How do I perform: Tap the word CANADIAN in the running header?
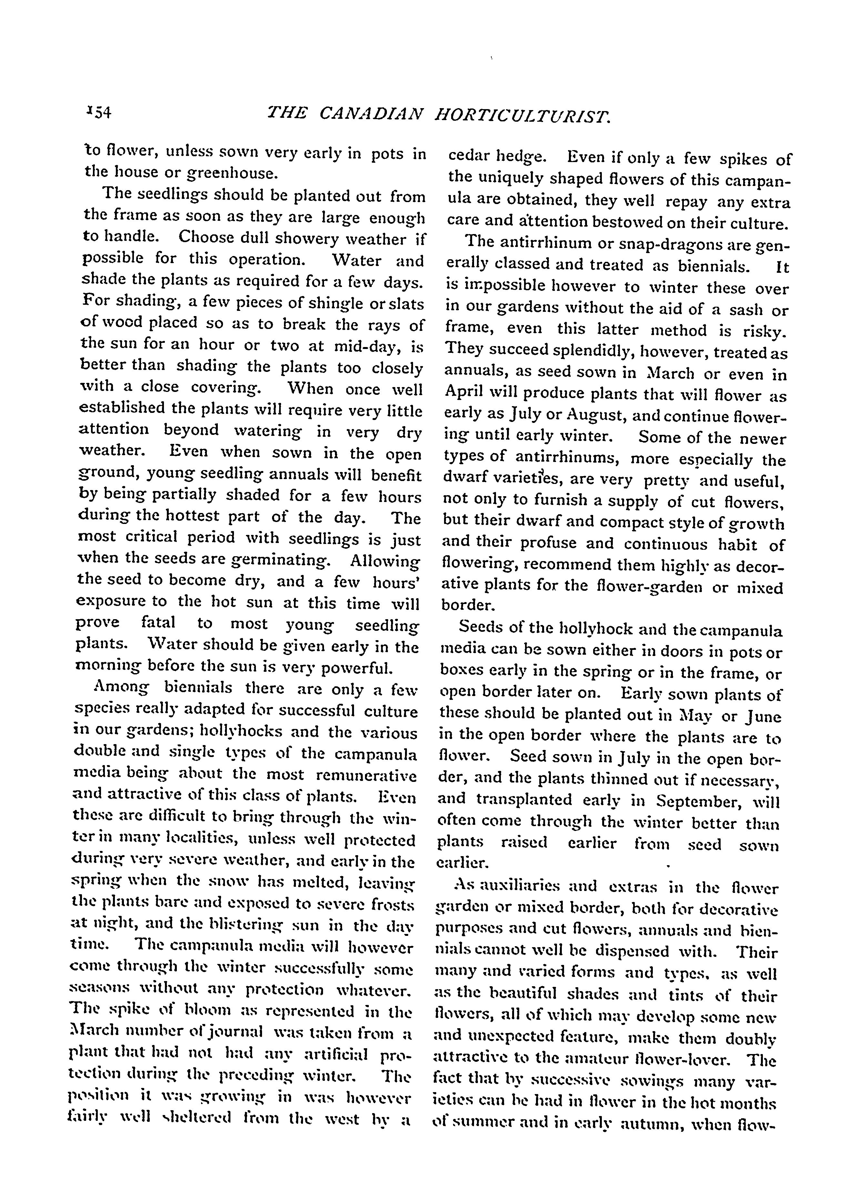point(370,113)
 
